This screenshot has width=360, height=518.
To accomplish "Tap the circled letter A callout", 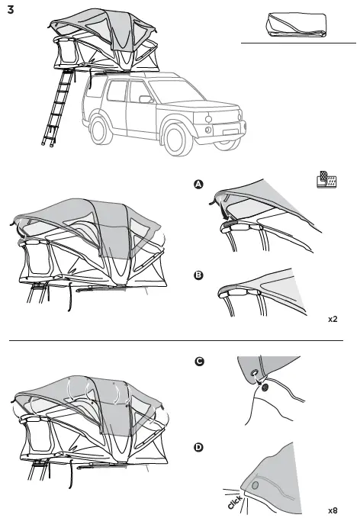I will click(199, 185).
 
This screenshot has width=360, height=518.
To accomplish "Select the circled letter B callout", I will click(199, 276).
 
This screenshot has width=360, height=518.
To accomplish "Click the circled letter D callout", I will click(199, 448).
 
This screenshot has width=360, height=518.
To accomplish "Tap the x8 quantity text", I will click(333, 510).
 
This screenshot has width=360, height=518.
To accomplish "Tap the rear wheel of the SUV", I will click(101, 126).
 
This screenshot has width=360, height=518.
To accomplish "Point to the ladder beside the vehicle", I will click(59, 107).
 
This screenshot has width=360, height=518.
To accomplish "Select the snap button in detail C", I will click(265, 388).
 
